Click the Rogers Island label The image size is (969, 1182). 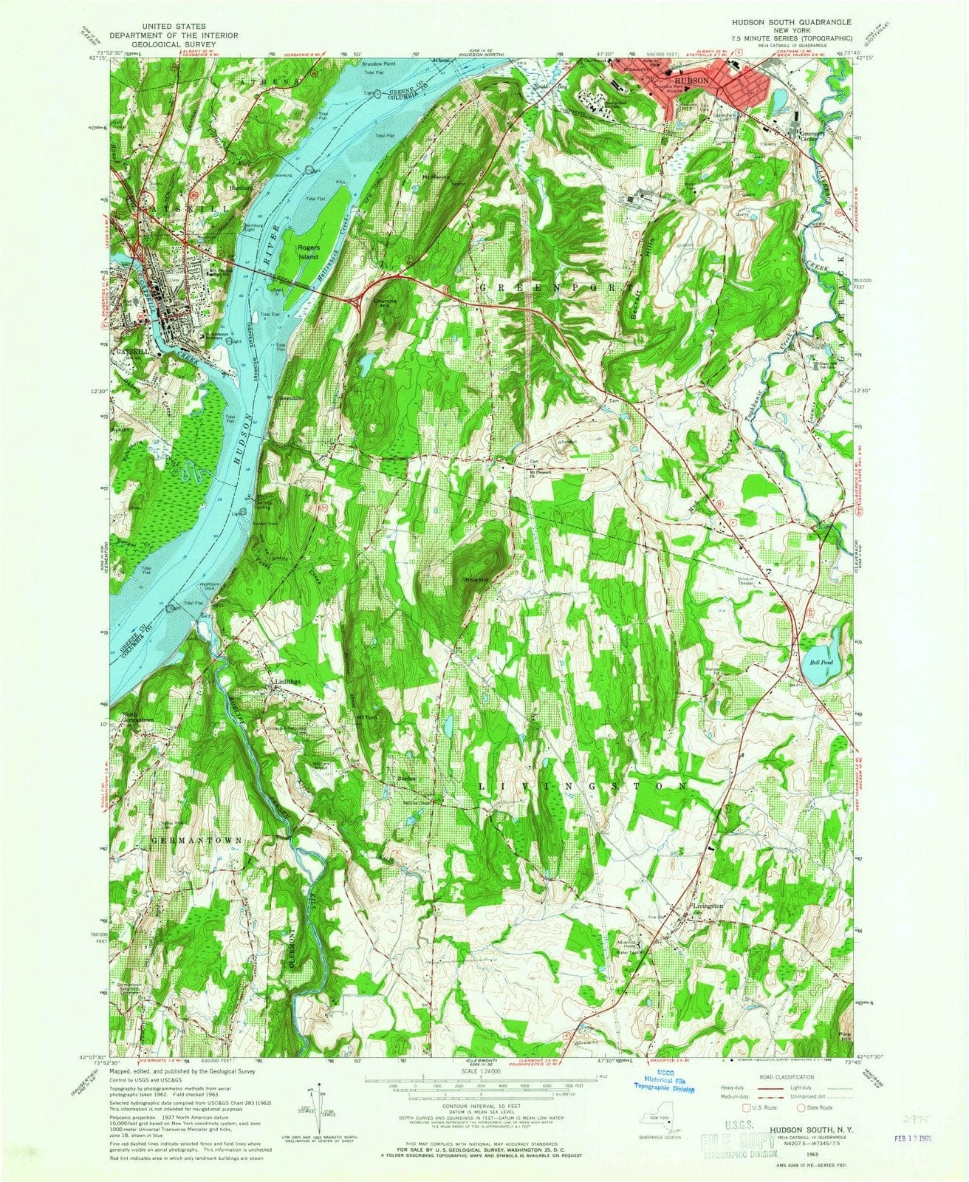pos(307,252)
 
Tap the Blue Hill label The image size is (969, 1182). pos(476,578)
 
